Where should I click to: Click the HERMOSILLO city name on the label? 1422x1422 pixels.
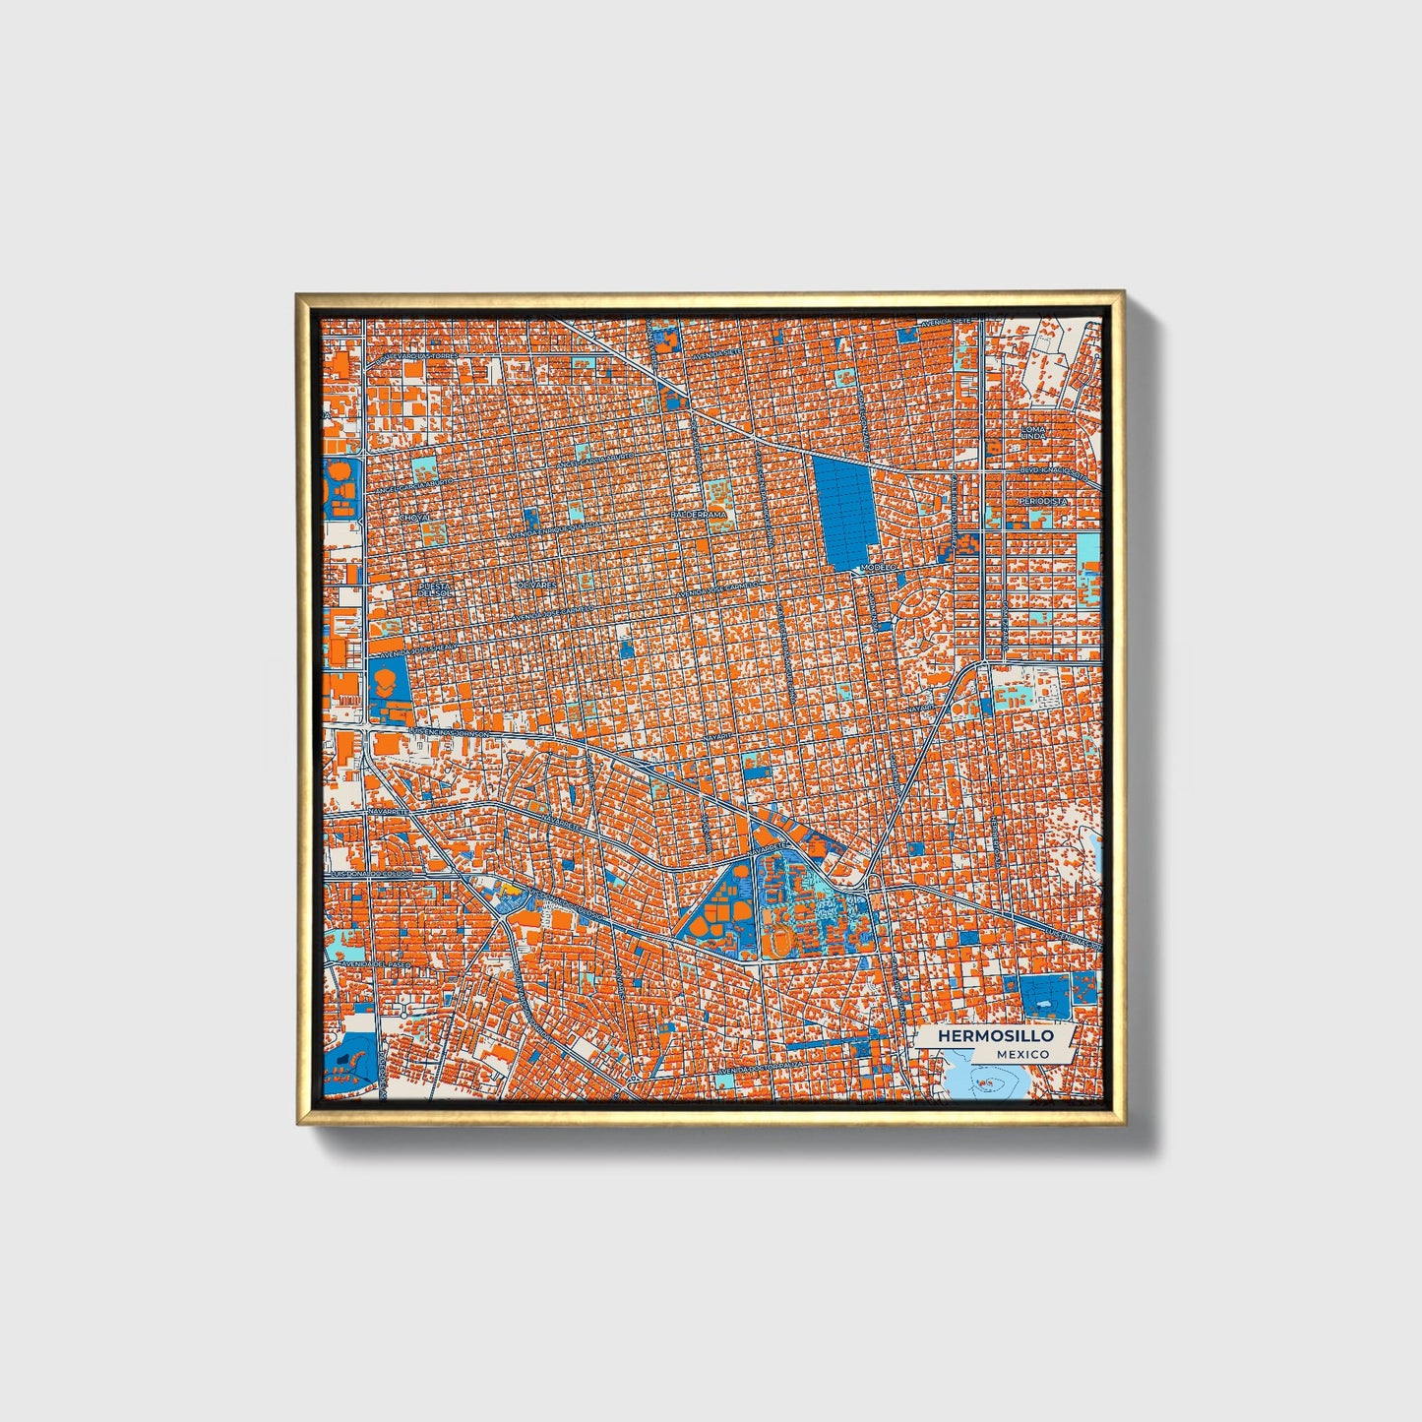(995, 1036)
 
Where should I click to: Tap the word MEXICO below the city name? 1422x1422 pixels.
(1020, 1054)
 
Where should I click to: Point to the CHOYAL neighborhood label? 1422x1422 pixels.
(414, 516)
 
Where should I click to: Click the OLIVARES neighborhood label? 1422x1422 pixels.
(537, 585)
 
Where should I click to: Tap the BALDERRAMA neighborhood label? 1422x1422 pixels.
(699, 515)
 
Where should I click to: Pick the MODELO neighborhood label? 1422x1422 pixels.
(878, 568)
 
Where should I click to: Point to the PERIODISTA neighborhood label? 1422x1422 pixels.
(1042, 501)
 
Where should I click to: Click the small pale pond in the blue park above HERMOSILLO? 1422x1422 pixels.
(1044, 1004)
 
